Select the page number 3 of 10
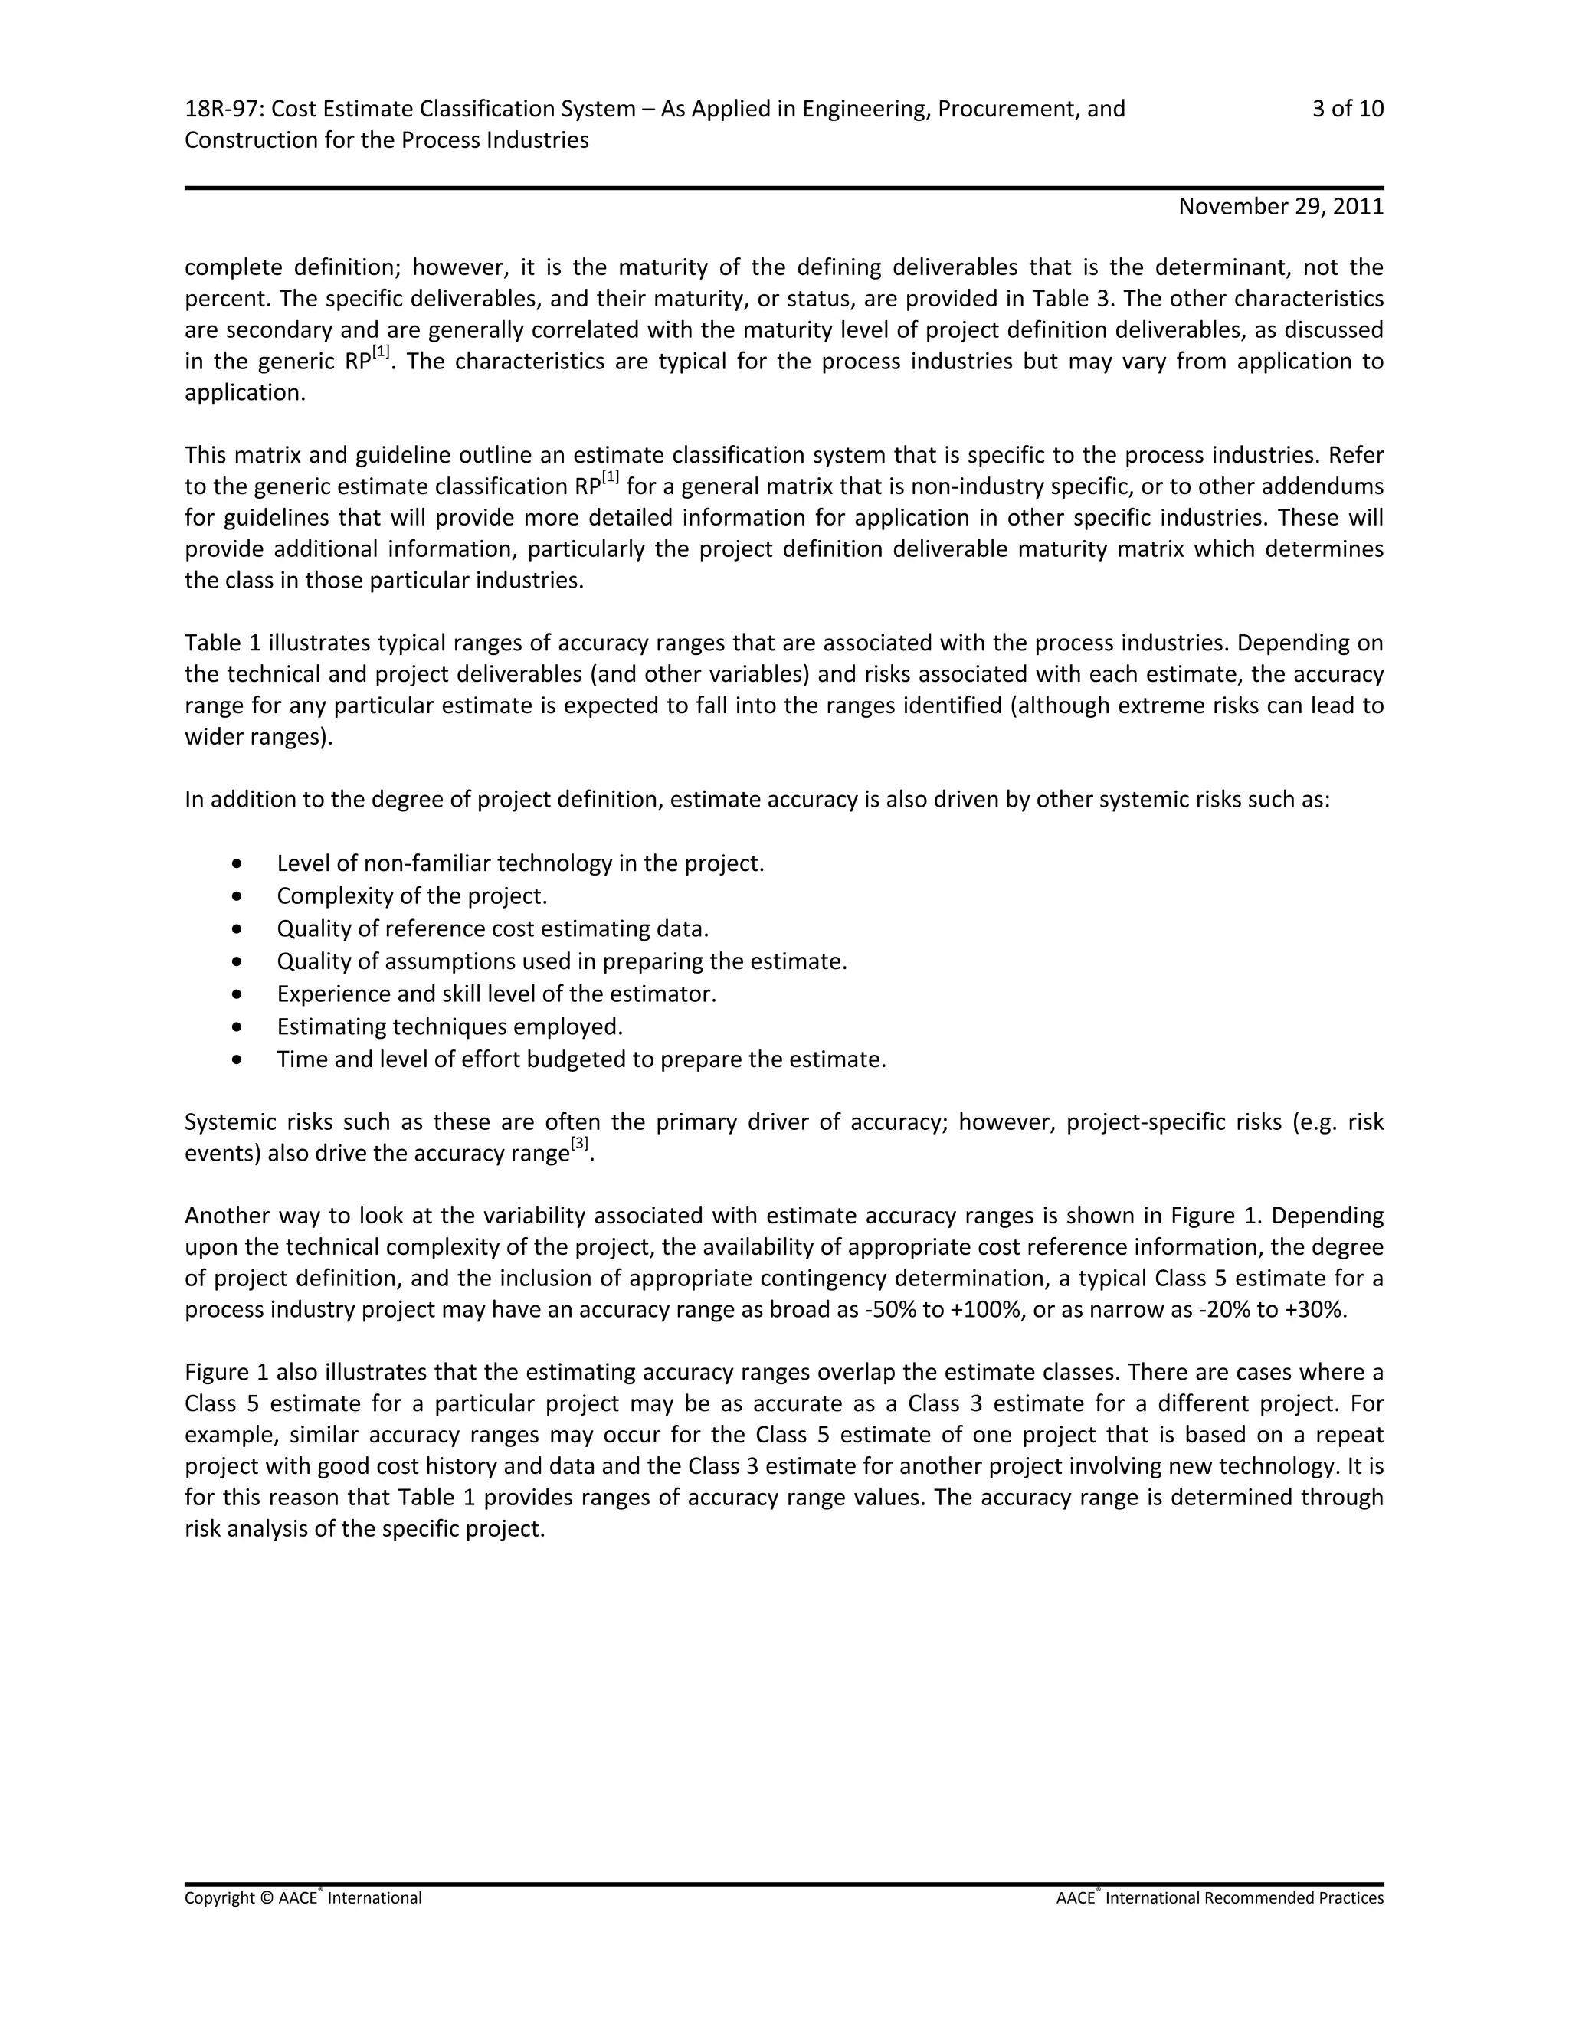(1347, 110)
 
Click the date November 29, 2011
(1280, 206)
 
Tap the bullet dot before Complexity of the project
(240, 896)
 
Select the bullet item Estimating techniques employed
(449, 1027)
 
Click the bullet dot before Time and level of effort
(240, 1059)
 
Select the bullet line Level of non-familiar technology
(519, 863)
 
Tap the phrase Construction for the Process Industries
(387, 140)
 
